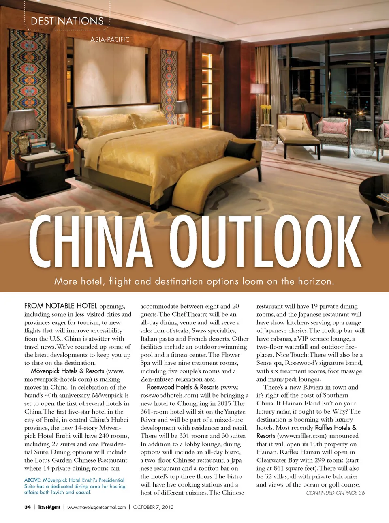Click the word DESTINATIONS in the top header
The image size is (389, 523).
[67, 21]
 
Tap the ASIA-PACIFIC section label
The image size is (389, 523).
[110, 39]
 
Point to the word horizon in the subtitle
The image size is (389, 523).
[315, 281]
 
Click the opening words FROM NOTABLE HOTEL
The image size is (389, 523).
[61, 306]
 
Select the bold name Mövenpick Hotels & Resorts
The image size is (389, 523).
[67, 371]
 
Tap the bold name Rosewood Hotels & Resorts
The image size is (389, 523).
[183, 387]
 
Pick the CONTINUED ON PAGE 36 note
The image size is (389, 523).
[335, 493]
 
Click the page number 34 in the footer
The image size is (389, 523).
[28, 507]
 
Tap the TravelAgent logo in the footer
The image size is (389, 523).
[49, 507]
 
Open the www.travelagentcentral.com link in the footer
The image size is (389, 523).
[96, 507]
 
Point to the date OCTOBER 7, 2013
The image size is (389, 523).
[153, 507]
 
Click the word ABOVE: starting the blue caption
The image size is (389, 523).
[32, 480]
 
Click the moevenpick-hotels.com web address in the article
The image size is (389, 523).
[61, 379]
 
